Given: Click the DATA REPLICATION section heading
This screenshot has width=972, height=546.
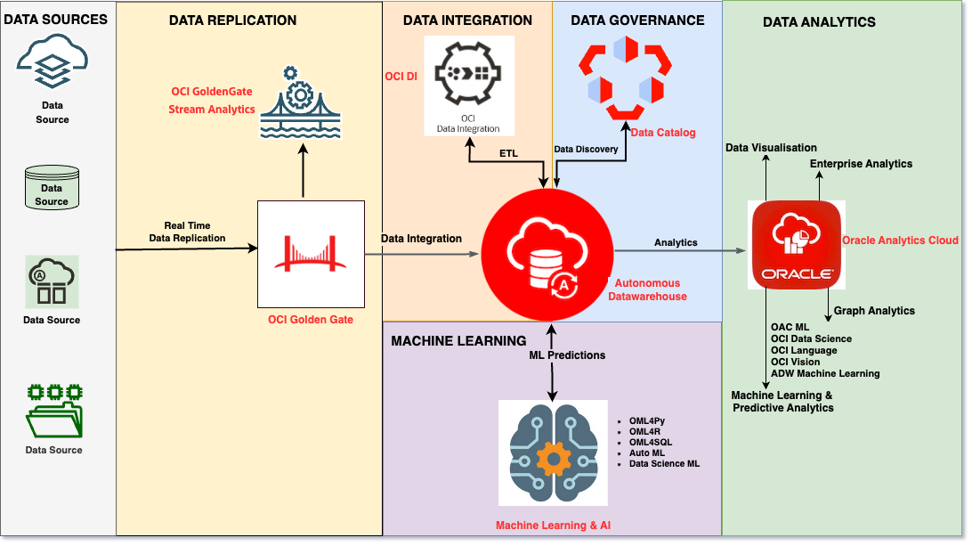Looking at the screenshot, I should pyautogui.click(x=232, y=20).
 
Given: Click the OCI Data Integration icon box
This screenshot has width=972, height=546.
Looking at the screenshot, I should pyautogui.click(x=469, y=86).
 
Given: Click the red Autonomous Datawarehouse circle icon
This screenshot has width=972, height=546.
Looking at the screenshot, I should pyautogui.click(x=547, y=254).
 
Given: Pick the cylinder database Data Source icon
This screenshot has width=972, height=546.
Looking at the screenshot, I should pyautogui.click(x=52, y=188).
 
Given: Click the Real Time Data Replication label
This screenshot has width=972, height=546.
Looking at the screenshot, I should pyautogui.click(x=187, y=232).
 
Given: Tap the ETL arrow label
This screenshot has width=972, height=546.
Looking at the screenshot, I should pyautogui.click(x=508, y=154).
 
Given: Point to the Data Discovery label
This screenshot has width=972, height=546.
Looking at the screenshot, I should pyautogui.click(x=586, y=149).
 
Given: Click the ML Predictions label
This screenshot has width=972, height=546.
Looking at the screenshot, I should pyautogui.click(x=566, y=354).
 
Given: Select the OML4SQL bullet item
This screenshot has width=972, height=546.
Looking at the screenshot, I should pyautogui.click(x=652, y=442).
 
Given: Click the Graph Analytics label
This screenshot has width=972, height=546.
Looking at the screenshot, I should pyautogui.click(x=874, y=311).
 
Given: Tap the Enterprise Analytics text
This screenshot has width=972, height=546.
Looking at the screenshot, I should pyautogui.click(x=861, y=164).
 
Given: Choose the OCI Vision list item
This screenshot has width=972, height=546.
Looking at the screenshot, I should pyautogui.click(x=796, y=362).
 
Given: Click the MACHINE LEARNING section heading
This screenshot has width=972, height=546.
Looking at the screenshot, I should pyautogui.click(x=458, y=340).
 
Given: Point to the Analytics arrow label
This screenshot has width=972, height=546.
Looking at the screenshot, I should pyautogui.click(x=676, y=242).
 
